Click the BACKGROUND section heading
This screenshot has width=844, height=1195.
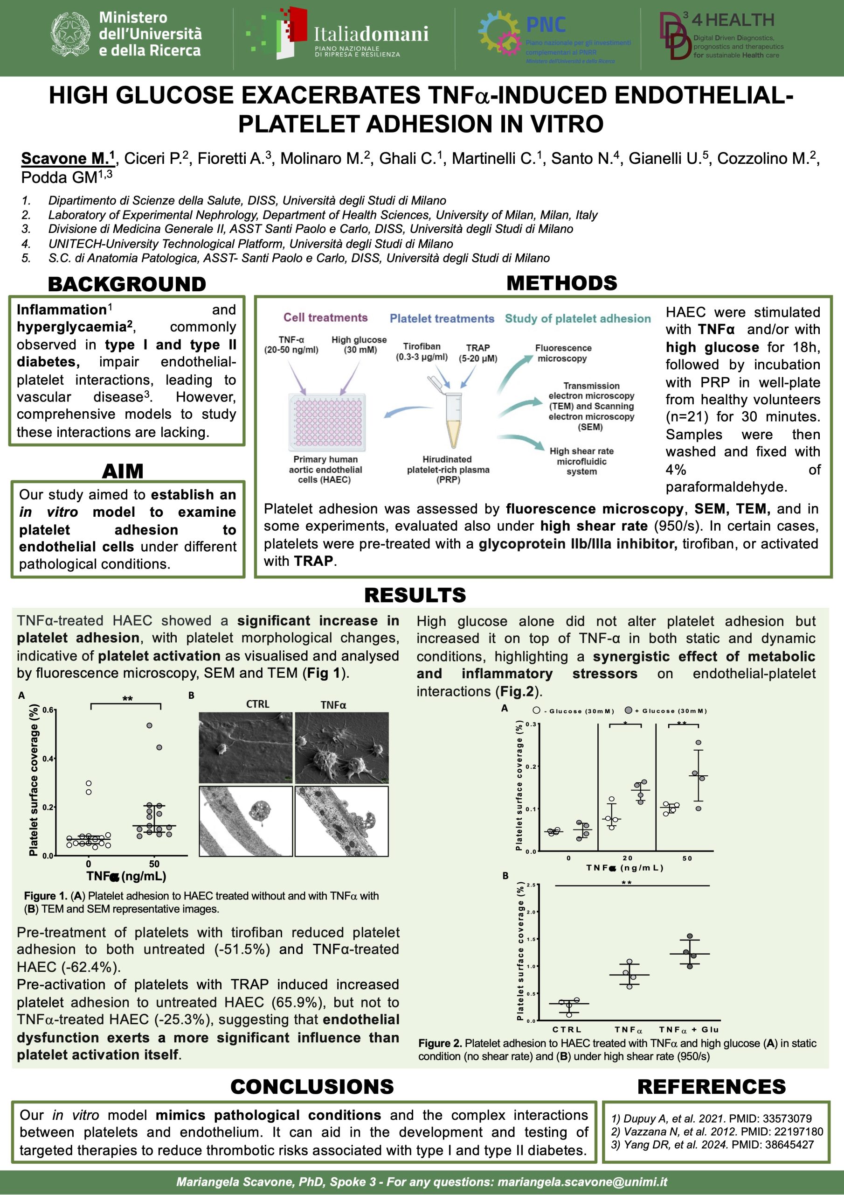(127, 284)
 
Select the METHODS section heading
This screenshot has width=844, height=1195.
(561, 283)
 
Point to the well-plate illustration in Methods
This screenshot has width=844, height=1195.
(327, 422)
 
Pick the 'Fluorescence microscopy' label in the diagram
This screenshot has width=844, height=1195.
(563, 353)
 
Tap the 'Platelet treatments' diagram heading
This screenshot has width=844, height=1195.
(442, 318)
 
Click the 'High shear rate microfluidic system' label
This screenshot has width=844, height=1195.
(581, 461)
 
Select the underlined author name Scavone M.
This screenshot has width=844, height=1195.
(68, 158)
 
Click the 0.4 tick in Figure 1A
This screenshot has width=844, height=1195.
(48, 759)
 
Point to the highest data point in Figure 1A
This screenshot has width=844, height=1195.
(149, 725)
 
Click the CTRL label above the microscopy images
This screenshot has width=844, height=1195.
(257, 704)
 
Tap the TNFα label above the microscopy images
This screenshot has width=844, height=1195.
(333, 705)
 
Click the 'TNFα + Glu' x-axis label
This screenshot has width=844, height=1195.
(689, 1029)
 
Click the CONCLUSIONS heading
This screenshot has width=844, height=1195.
(312, 1087)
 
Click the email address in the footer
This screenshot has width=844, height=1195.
(582, 1181)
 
